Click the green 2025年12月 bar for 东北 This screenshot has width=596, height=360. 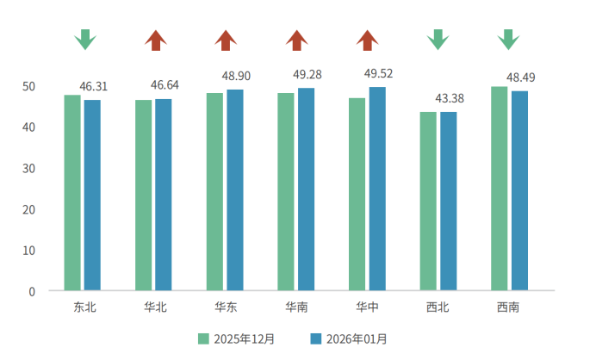[72, 192]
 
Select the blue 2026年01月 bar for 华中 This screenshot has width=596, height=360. [377, 189]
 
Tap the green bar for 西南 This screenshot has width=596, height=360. [500, 188]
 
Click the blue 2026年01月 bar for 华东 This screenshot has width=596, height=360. [235, 189]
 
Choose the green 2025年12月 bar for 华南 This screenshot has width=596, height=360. [286, 191]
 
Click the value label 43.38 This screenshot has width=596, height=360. [450, 98]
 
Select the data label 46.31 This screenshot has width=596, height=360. [93, 87]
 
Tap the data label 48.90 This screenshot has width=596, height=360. [236, 77]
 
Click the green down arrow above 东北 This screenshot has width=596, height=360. [84, 40]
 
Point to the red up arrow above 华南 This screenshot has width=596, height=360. [297, 40]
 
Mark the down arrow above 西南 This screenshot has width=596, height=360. [509, 40]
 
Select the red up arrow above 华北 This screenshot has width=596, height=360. [155, 40]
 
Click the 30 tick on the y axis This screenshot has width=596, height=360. [30, 169]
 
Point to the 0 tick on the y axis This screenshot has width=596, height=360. [32, 291]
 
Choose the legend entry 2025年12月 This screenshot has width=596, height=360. [238, 338]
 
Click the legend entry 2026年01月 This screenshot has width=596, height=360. [348, 338]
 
